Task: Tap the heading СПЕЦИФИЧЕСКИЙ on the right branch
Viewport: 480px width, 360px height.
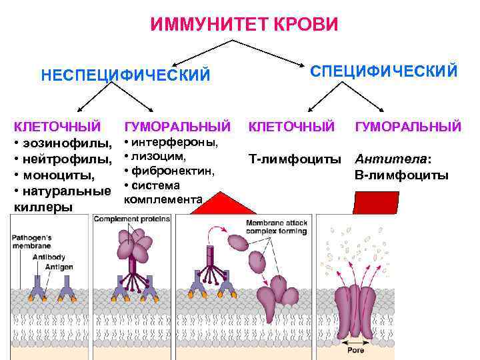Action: point(384,71)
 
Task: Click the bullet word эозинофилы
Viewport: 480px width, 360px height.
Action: point(67,144)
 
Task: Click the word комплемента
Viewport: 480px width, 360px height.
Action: point(163,199)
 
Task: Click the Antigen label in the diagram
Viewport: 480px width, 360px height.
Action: point(59,267)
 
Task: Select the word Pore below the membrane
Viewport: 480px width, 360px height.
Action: point(356,349)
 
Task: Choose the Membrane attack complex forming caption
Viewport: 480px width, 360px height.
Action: point(276,227)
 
